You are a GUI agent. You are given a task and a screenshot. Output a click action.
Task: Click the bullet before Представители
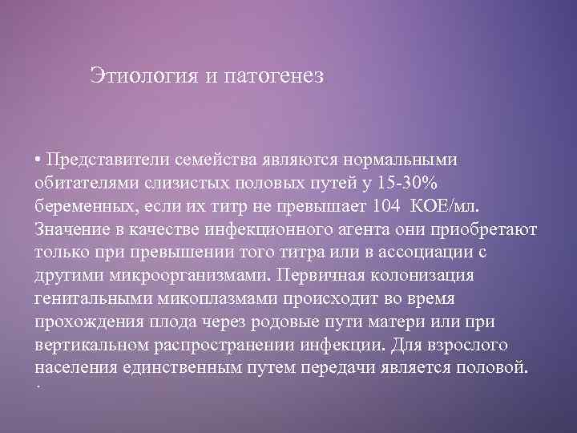point(38,158)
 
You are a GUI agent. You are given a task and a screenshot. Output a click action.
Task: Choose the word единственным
point(188,368)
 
